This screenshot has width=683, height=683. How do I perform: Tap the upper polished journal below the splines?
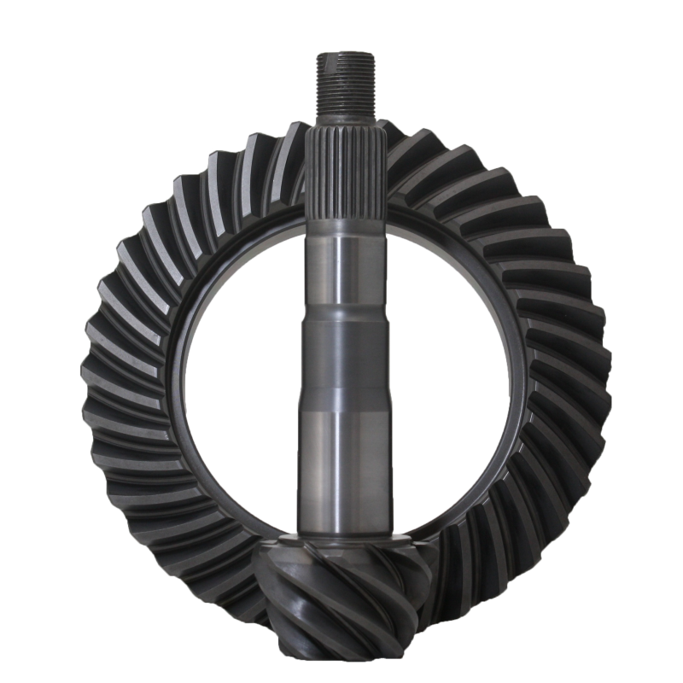click(x=341, y=265)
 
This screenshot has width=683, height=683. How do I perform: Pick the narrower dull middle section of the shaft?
click(x=341, y=359)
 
